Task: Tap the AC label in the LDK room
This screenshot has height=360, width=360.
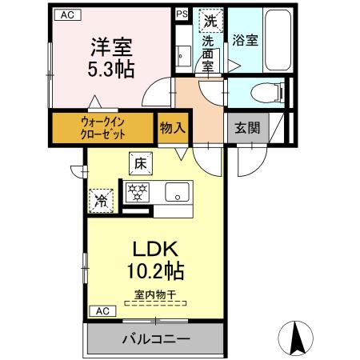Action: [x=102, y=310]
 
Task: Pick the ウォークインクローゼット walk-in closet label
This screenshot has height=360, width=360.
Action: [x=102, y=128]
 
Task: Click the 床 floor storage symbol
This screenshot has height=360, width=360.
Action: [x=138, y=164]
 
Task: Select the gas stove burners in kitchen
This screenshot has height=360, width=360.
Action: [x=138, y=192]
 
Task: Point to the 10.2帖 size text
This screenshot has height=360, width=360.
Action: [x=154, y=271]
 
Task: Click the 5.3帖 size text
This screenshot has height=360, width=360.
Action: [x=110, y=68]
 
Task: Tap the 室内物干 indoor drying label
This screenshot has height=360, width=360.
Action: [x=154, y=294]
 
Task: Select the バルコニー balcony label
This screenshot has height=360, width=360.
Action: [x=155, y=339]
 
